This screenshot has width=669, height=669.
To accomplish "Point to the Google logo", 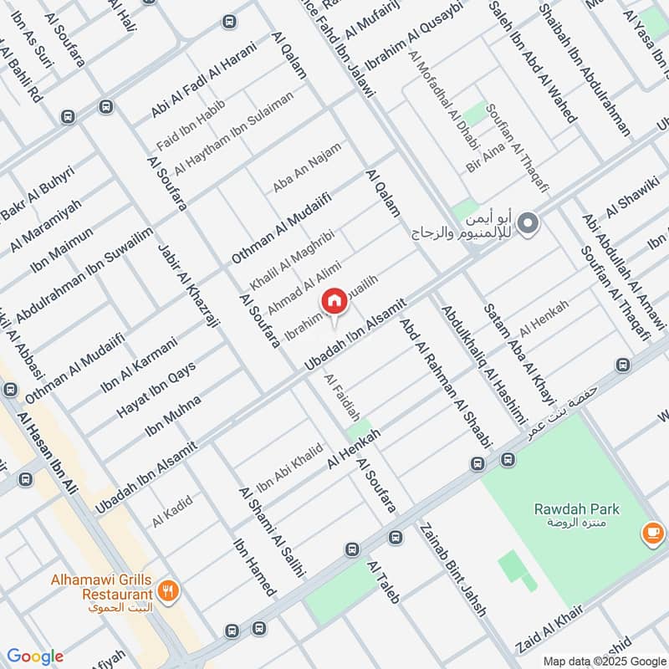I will point(35,656).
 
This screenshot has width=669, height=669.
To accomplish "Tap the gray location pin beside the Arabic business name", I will point(528,223).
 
